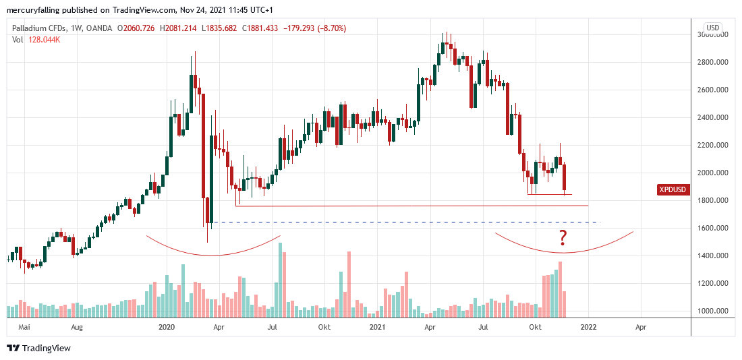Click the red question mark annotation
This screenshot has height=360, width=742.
pyautogui.click(x=562, y=237)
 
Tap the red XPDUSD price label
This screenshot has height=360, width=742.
pyautogui.click(x=673, y=190)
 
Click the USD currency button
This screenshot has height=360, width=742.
pyautogui.click(x=712, y=28)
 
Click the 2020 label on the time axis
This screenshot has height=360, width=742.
pyautogui.click(x=166, y=328)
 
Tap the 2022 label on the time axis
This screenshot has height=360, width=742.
pyautogui.click(x=588, y=328)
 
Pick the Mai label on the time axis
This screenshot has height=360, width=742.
pyautogui.click(x=25, y=328)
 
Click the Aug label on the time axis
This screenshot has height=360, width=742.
pyautogui.click(x=76, y=328)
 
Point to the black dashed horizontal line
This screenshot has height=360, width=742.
pyautogui.click(x=405, y=222)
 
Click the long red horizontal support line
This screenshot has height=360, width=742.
pyautogui.click(x=411, y=206)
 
